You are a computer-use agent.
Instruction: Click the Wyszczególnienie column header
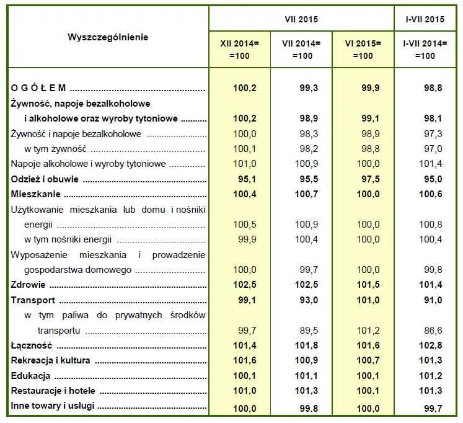108,37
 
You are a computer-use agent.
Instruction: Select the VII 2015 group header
301,19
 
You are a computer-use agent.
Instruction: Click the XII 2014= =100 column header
239,49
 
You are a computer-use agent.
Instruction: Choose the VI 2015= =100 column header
363,49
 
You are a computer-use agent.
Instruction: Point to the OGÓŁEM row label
38,89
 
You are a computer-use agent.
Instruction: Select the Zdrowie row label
29,285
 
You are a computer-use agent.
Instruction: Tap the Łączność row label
31,345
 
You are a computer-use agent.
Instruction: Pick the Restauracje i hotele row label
53,391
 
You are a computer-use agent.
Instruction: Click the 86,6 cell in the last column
430,331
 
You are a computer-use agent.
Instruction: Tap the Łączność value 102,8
430,345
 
